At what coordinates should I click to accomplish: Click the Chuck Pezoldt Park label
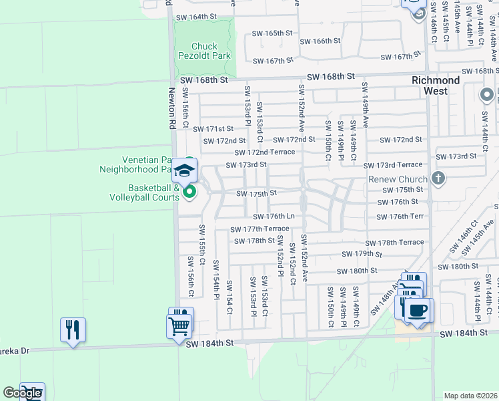pyautogui.click(x=205, y=51)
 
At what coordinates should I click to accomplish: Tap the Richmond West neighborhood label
pyautogui.click(x=436, y=85)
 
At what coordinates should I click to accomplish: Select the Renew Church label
pyautogui.click(x=398, y=179)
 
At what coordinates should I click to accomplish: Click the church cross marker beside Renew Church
pyautogui.click(x=438, y=178)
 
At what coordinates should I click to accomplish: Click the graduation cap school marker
pyautogui.click(x=185, y=170)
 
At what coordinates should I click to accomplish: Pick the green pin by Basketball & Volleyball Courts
pyautogui.click(x=189, y=192)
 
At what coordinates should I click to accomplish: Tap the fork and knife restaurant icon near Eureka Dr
pyautogui.click(x=73, y=329)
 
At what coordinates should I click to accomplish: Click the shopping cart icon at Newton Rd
pyautogui.click(x=179, y=326)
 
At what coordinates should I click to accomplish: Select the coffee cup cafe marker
pyautogui.click(x=418, y=311)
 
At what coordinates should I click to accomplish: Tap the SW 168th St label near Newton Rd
pyautogui.click(x=204, y=80)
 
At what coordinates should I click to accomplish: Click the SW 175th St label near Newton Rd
pyautogui.click(x=254, y=194)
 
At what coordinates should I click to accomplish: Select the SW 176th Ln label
pyautogui.click(x=274, y=216)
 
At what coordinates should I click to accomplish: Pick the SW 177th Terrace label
pyautogui.click(x=260, y=229)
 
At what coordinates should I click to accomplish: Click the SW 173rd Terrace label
pyautogui.click(x=393, y=165)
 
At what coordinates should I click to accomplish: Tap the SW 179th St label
pyautogui.click(x=361, y=254)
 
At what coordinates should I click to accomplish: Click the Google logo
pyautogui.click(x=22, y=393)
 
